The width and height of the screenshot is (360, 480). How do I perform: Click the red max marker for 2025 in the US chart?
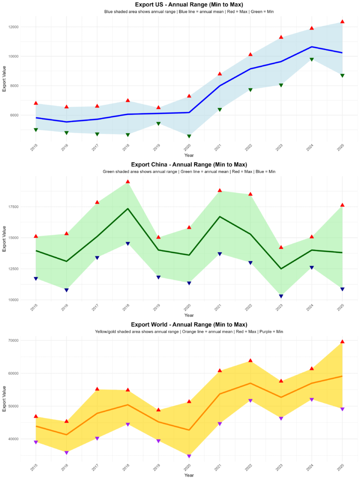coord(342,22)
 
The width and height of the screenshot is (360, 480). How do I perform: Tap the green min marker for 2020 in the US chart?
coord(189,136)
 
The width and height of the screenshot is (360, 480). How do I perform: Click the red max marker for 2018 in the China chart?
coord(127,181)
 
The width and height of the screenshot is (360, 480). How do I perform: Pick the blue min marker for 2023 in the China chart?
coord(281,296)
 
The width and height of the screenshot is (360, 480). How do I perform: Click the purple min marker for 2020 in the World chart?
coord(189,456)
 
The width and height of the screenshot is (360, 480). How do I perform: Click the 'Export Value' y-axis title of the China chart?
coord(4,239)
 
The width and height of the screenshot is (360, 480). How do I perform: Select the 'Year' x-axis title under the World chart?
coord(189,475)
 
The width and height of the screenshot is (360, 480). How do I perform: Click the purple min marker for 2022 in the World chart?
coord(250,401)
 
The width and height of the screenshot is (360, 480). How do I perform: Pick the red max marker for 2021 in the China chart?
coord(220,190)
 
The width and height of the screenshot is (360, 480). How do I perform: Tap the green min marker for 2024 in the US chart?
coord(312,60)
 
